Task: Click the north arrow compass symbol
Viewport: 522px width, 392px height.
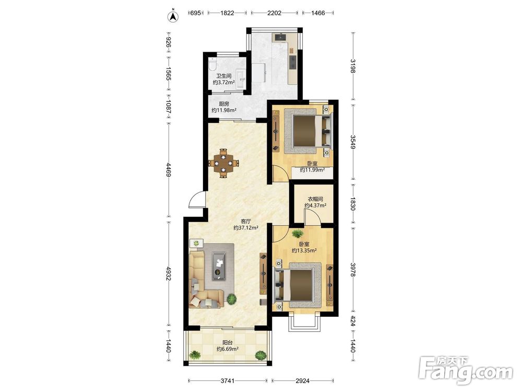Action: pos(173,16)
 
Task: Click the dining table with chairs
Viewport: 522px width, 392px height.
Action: pos(224,163)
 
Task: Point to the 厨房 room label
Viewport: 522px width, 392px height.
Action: pos(224,104)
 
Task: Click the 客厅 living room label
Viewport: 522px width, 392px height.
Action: pos(246,221)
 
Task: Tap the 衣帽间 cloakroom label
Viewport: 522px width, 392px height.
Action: pos(315,199)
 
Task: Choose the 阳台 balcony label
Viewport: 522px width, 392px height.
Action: pos(228,342)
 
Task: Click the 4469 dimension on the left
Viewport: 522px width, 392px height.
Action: pos(169,170)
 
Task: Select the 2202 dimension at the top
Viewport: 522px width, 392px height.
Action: pos(275,13)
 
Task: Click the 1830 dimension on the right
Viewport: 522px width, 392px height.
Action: pos(353,203)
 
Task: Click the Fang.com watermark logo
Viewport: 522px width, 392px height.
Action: pos(466,371)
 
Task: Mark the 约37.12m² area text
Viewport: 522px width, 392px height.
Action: pos(246,228)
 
